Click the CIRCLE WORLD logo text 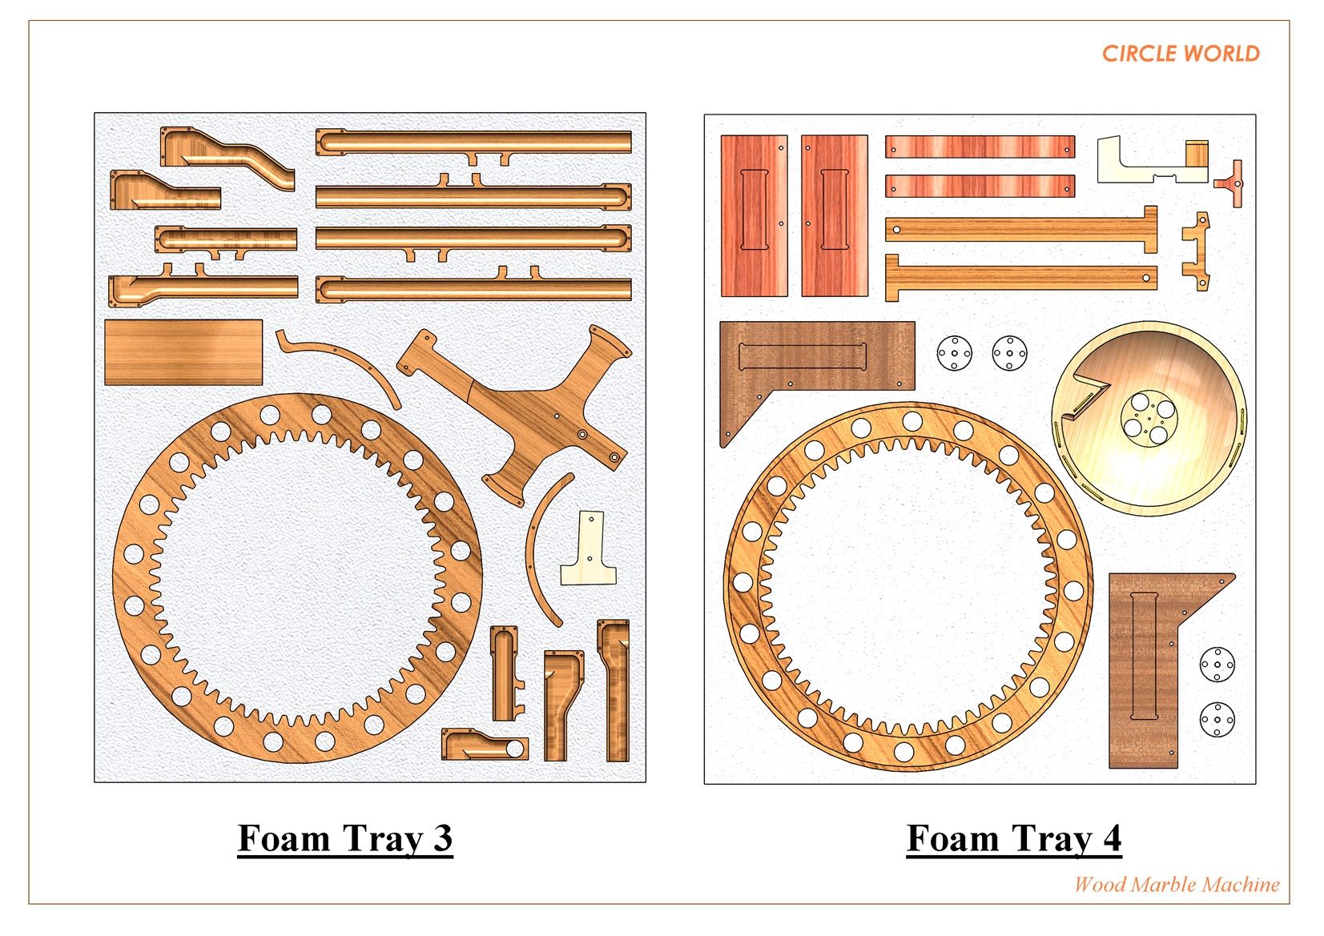1180,54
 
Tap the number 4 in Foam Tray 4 1111,838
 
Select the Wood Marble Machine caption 1176,885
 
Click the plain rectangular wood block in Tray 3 183,352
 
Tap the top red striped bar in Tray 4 979,147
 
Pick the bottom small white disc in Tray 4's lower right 1217,719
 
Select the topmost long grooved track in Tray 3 473,142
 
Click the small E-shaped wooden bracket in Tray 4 1197,251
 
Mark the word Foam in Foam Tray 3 284,838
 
